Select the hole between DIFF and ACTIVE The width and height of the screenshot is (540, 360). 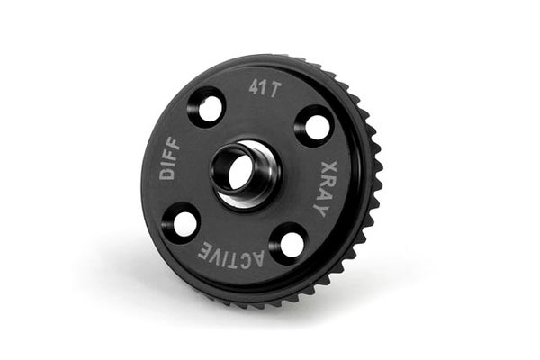[x=184, y=221]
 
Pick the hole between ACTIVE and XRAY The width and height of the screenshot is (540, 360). [x=290, y=243]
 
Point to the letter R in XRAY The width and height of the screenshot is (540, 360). [x=327, y=182]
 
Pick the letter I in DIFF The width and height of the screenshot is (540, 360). [x=168, y=163]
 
